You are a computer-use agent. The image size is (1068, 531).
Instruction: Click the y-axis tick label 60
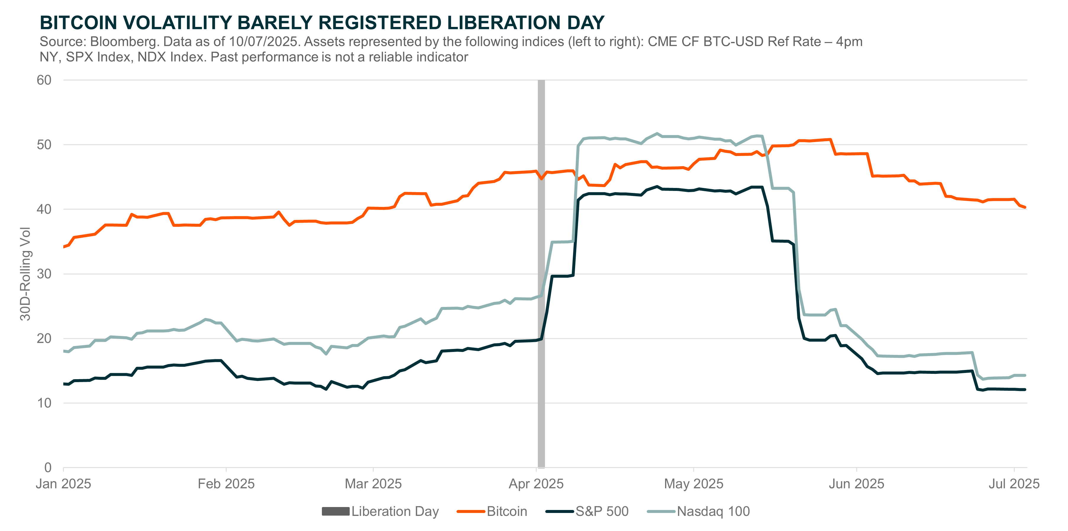click(44, 80)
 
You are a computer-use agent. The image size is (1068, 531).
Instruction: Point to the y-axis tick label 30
click(44, 274)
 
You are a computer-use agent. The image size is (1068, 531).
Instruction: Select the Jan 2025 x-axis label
click(63, 484)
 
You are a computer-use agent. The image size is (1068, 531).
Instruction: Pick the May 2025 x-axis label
click(694, 484)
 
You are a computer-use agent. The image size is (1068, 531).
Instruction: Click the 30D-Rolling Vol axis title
click(26, 274)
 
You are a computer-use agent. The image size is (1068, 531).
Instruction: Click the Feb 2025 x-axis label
click(226, 484)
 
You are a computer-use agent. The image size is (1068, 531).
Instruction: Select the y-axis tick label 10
click(44, 403)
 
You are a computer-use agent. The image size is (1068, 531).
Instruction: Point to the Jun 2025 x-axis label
click(856, 484)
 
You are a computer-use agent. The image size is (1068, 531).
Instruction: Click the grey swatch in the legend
click(335, 511)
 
